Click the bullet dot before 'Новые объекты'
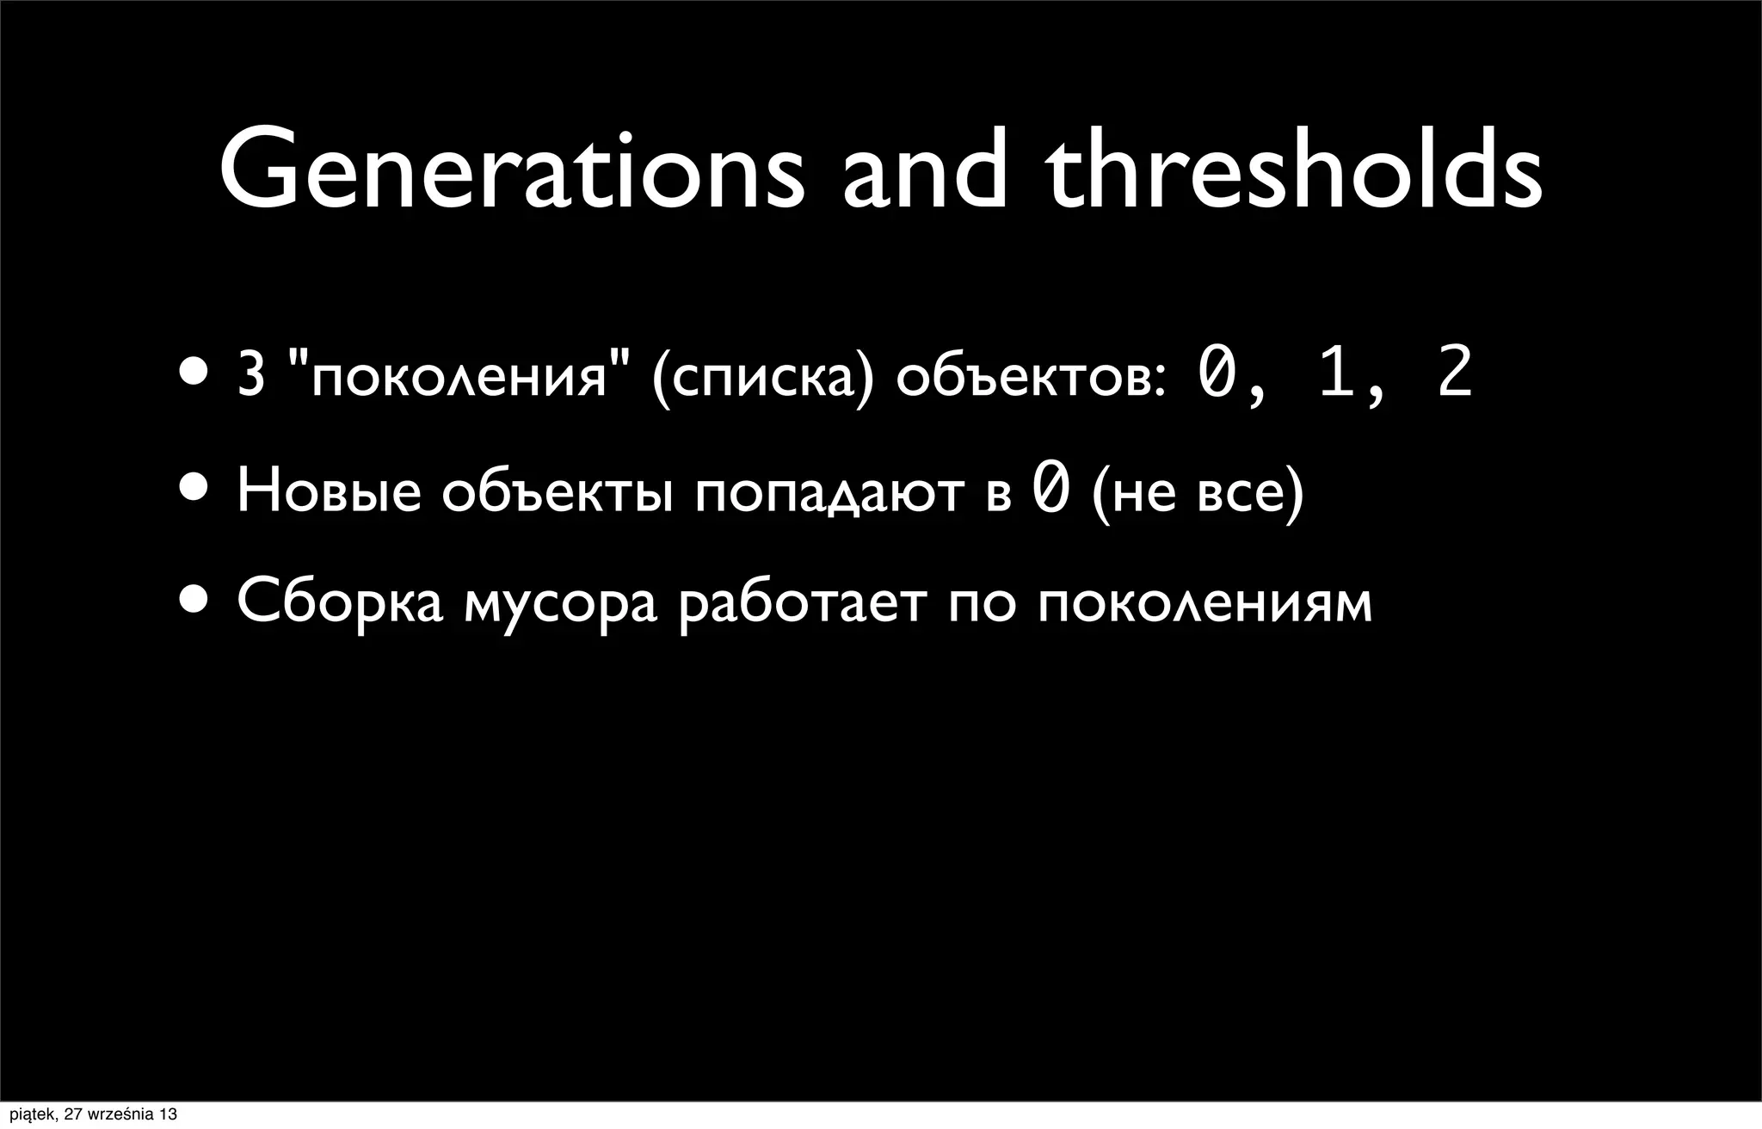(194, 488)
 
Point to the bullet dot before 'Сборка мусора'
(194, 599)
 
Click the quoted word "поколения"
(459, 376)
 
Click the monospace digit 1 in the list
(1336, 374)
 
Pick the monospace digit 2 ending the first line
(1455, 374)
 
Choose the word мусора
(560, 604)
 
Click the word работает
(803, 604)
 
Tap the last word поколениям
(1204, 602)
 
